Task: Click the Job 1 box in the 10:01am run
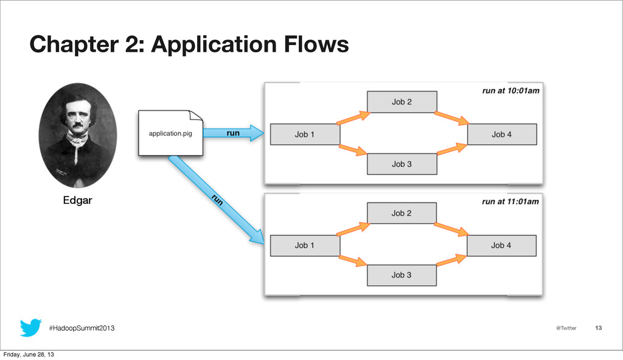305,134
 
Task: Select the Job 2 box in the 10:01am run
402,102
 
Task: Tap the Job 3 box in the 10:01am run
402,164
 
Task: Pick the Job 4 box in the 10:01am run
502,134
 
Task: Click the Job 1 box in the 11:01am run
305,245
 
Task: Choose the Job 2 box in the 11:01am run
402,213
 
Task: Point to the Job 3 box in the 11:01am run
402,275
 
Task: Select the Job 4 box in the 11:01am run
501,245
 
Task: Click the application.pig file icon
170,133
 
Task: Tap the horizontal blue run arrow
234,133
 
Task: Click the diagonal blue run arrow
217,199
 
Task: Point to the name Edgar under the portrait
77,200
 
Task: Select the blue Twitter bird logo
30,327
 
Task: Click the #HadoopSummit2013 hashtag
82,328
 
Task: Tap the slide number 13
599,328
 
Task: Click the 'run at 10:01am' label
511,91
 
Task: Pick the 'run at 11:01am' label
510,201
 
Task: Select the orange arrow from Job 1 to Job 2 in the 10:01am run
353,118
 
